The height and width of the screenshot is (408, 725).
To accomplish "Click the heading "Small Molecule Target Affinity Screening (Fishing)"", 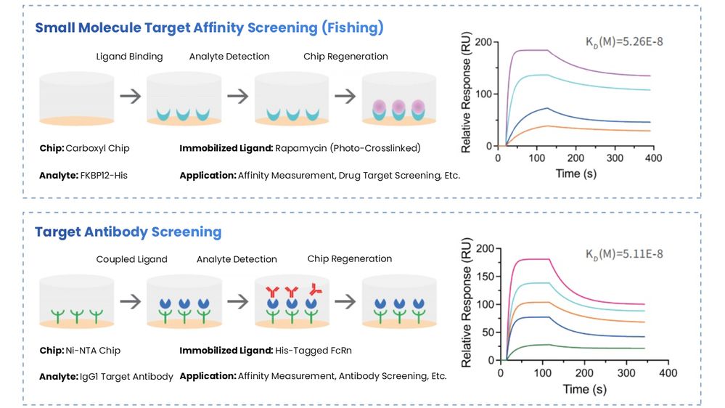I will pos(209,28).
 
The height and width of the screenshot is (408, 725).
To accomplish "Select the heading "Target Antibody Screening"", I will pos(128,232).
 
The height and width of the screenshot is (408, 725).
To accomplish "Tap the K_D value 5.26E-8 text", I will pos(624,41).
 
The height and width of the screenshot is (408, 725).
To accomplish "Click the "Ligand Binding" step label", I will pos(130,57).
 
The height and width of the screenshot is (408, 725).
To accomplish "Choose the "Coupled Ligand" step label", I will pos(131,259).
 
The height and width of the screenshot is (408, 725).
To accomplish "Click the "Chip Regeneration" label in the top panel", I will pos(353,57).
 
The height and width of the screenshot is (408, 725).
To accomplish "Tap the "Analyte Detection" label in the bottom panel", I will pos(237,259).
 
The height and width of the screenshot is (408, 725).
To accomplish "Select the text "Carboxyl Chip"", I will pos(97,148).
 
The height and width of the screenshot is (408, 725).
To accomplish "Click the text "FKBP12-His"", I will pos(107,175).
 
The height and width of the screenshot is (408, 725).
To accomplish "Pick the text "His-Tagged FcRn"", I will pos(315,351).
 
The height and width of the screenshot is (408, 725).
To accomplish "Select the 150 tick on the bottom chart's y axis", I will pos(486,277).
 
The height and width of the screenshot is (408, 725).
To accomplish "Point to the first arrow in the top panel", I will pos(131,96).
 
